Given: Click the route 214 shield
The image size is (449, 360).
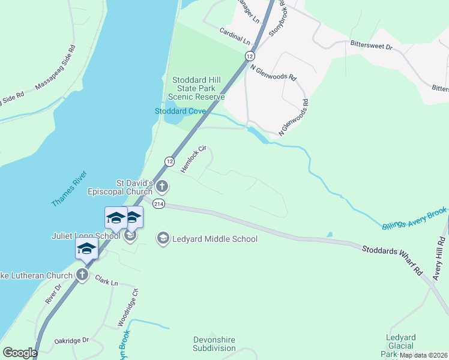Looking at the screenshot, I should [158, 204].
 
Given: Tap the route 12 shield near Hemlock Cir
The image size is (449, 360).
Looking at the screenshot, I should [170, 161].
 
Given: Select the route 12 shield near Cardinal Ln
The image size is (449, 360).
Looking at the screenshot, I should [249, 55].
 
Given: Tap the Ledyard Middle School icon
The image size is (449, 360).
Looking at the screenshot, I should [162, 239].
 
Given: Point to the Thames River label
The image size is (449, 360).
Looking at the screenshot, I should [69, 189].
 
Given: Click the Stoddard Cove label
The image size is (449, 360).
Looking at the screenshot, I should [180, 111].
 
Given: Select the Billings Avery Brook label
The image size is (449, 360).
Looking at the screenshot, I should [414, 218].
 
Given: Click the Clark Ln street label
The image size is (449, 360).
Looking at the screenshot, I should [106, 280].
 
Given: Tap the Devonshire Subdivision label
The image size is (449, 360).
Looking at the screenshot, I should [214, 344].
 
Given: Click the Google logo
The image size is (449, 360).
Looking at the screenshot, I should [20, 353].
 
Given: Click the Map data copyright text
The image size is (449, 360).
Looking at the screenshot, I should [423, 355].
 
